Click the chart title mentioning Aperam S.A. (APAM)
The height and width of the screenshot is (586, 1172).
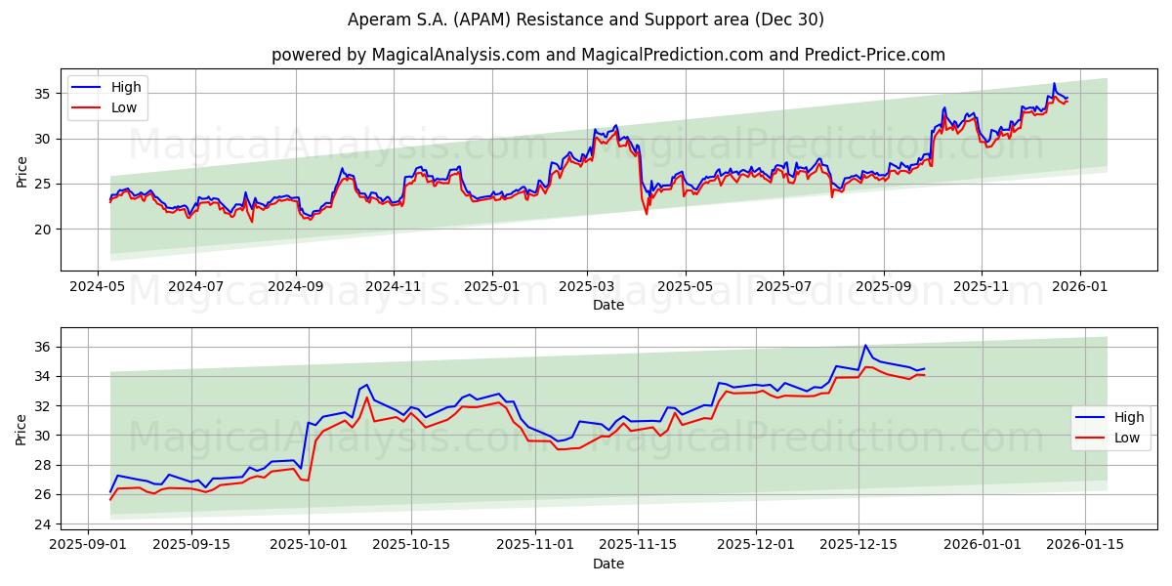pyautogui.click(x=586, y=20)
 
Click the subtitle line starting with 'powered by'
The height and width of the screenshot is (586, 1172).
pyautogui.click(x=607, y=55)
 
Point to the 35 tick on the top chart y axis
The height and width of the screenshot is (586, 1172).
pyautogui.click(x=43, y=94)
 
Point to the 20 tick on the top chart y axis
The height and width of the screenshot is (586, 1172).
pyautogui.click(x=43, y=230)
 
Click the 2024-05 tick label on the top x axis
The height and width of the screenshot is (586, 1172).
pyautogui.click(x=97, y=286)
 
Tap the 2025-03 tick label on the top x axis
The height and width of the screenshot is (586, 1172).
pyautogui.click(x=587, y=286)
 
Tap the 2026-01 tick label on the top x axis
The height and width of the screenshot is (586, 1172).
pyautogui.click(x=1080, y=286)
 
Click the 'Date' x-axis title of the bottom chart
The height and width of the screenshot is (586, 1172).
pyautogui.click(x=607, y=564)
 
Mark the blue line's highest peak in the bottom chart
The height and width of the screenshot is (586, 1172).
pyautogui.click(x=864, y=345)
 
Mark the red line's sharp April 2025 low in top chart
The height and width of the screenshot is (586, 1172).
pyautogui.click(x=646, y=214)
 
